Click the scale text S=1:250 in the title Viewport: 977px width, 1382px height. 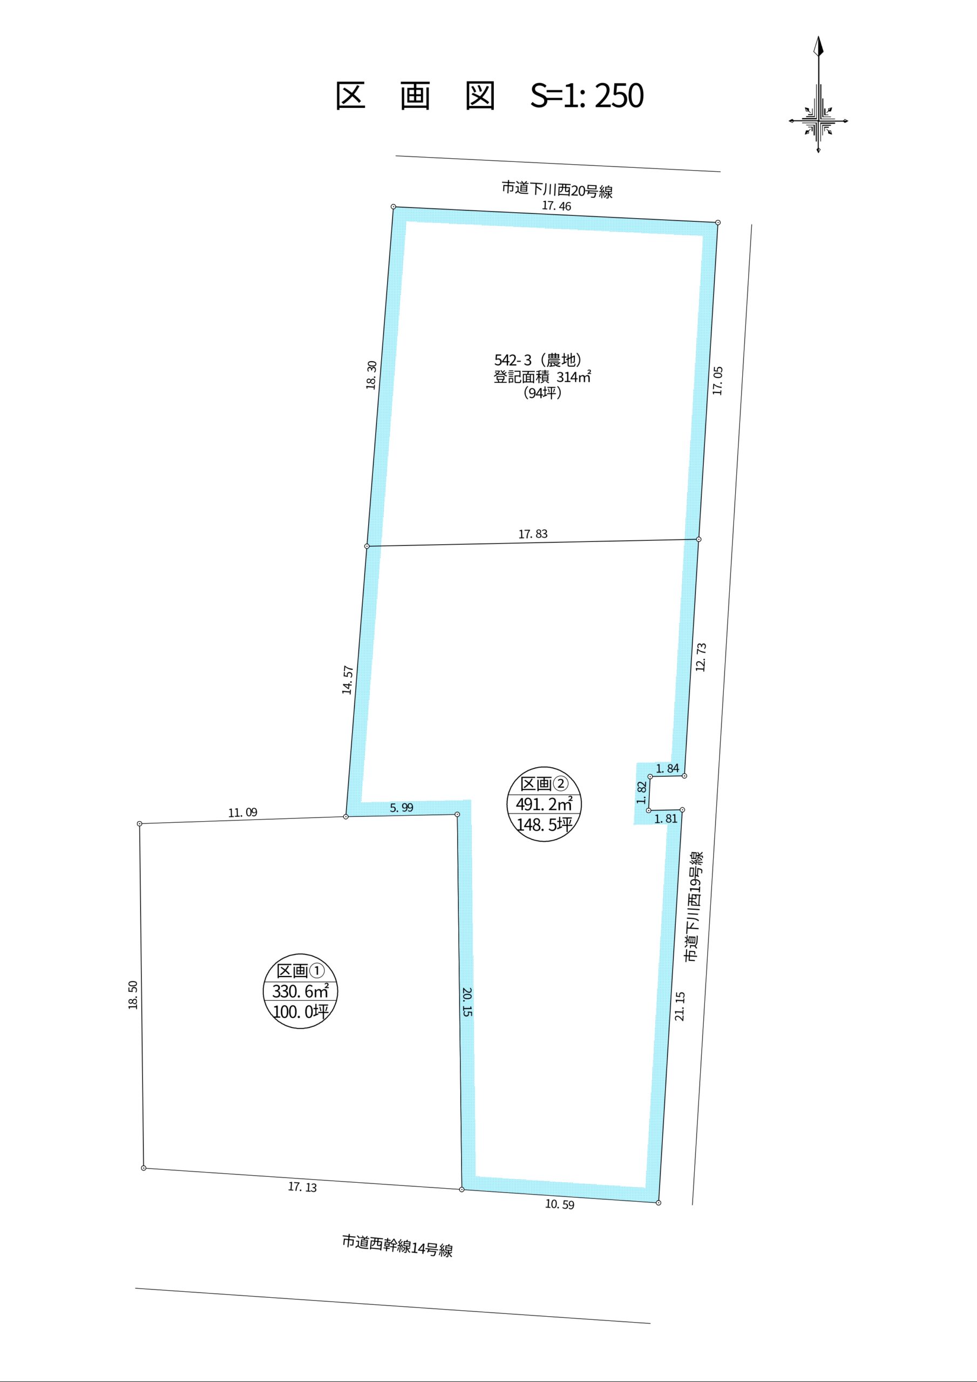pos(587,96)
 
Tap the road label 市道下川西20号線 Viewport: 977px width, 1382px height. pos(558,189)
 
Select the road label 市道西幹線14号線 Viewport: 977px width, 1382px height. pos(397,1245)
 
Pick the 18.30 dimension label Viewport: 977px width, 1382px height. pos(371,375)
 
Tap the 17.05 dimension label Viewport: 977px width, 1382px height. pos(717,381)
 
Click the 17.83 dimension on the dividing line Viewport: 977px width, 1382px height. pos(533,534)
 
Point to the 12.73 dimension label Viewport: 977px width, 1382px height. pos(701,658)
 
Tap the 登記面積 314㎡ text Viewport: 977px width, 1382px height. pos(542,377)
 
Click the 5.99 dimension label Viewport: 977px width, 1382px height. pos(402,808)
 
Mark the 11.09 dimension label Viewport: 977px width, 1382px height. pos(242,812)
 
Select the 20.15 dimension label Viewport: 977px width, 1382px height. pos(468,1001)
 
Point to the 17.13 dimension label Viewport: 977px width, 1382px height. pos(302,1187)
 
